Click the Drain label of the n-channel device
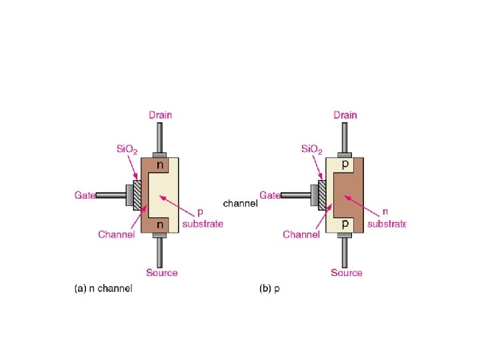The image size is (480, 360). (160, 115)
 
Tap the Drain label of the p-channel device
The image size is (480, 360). (345, 115)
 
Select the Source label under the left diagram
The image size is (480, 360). (162, 272)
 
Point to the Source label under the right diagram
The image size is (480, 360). (347, 272)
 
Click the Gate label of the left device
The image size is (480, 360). (83, 195)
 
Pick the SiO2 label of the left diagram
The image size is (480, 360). (123, 149)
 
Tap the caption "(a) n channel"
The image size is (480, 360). (103, 289)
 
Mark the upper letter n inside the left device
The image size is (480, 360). (160, 163)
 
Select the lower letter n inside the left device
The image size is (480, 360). (160, 225)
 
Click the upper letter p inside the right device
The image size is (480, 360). (345, 163)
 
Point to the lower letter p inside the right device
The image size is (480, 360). (345, 225)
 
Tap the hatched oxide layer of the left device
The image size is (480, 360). (138, 195)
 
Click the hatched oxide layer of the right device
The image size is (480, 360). (322, 195)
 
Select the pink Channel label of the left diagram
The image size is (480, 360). (117, 234)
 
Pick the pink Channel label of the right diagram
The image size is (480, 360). (301, 234)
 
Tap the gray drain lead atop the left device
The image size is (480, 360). (160, 139)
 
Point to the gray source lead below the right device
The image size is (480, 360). (345, 250)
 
